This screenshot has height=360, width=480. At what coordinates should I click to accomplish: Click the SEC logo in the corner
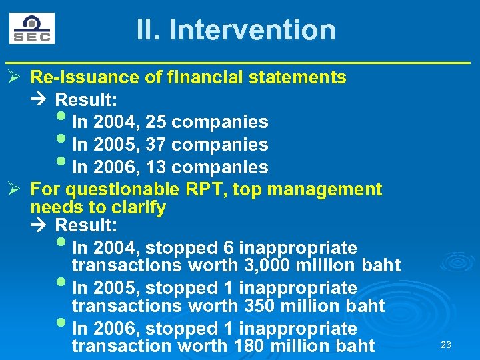pos(31,29)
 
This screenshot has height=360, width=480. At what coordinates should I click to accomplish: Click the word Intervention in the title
pos(252,30)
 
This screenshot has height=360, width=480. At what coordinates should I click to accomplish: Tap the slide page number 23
pos(446,345)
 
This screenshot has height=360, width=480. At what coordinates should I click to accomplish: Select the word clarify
pos(137,207)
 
